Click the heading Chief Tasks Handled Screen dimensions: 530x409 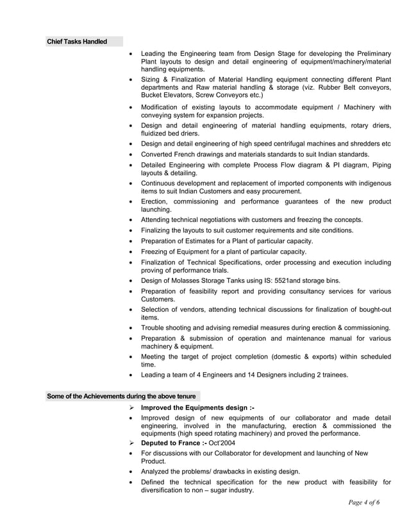(76, 42)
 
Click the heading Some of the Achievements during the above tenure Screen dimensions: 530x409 (121, 396)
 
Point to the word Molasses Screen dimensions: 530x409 (188, 280)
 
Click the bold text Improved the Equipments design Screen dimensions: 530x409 (194, 407)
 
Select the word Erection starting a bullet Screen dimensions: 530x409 (158, 201)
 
